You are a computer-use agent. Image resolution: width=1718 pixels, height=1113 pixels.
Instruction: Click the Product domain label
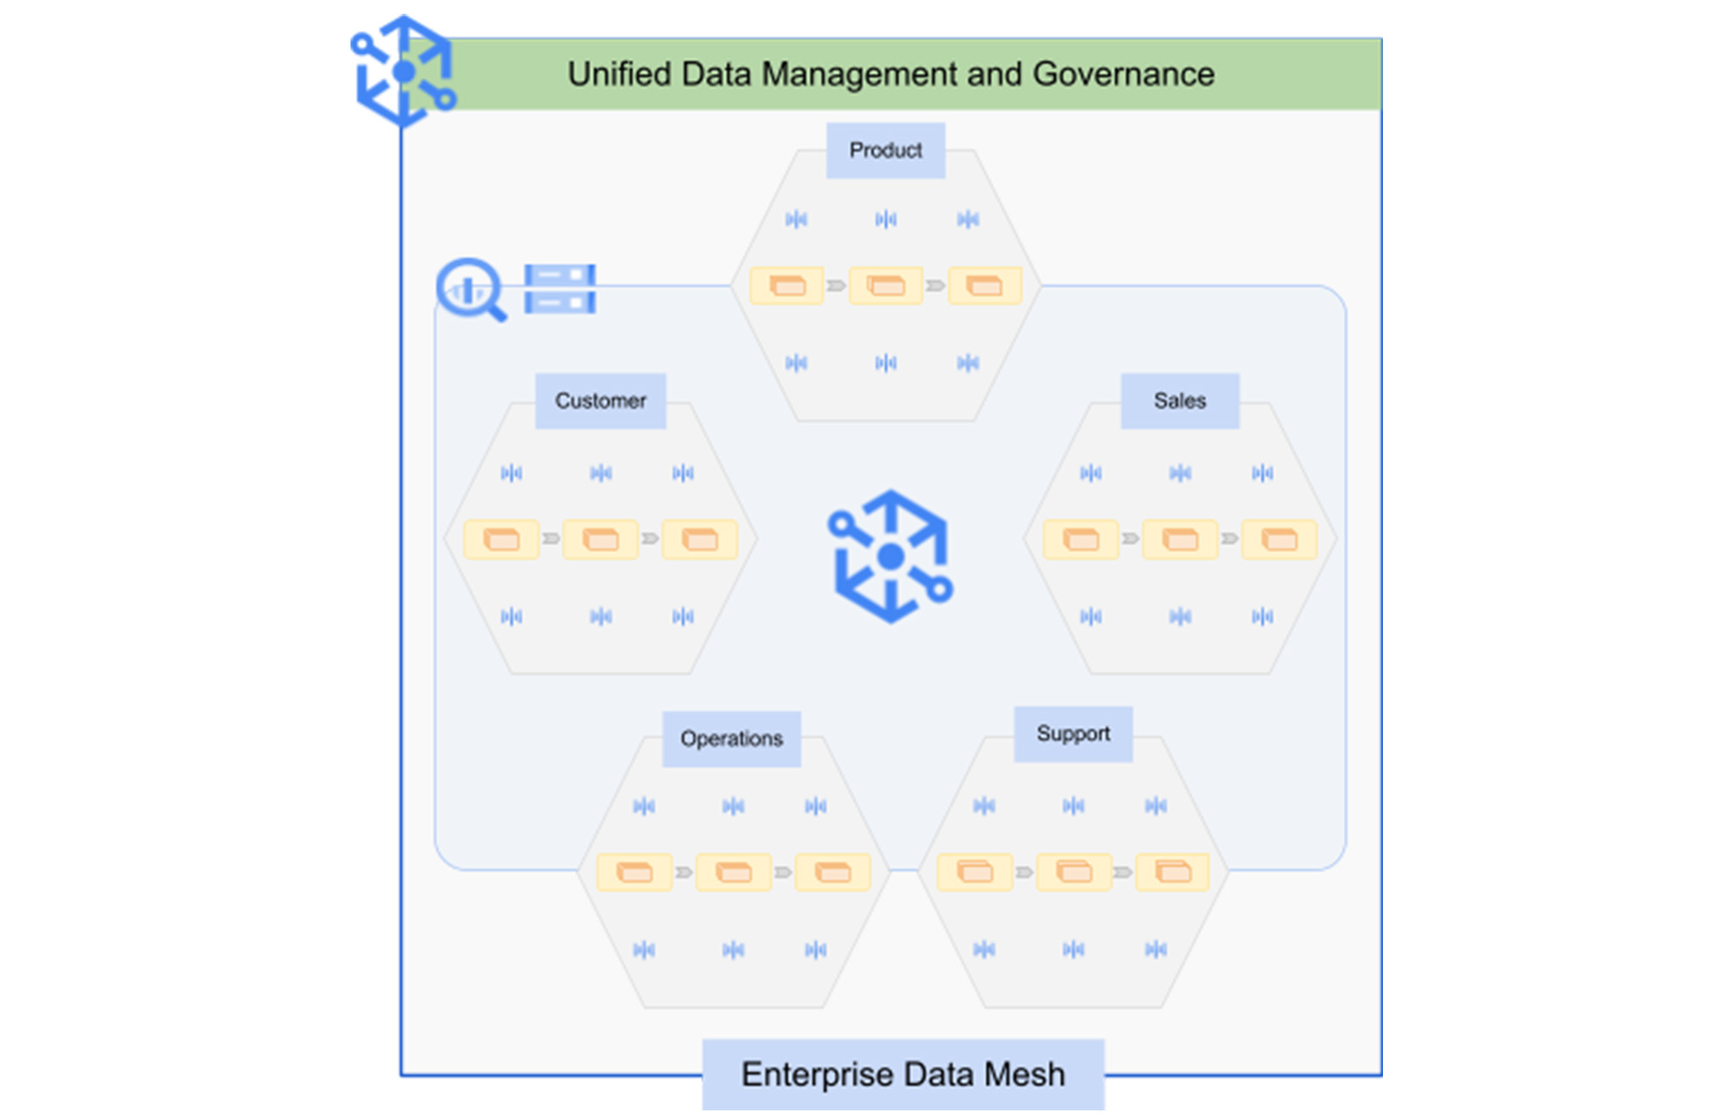886,150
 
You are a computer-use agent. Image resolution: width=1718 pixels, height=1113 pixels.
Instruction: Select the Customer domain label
600,401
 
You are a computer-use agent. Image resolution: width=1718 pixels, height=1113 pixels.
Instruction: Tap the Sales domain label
1179,401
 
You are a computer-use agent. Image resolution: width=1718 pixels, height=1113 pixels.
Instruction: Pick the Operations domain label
731,738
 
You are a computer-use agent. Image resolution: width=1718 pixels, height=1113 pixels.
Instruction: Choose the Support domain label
1073,734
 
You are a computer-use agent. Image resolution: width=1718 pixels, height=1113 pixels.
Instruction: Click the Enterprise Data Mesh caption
903,1074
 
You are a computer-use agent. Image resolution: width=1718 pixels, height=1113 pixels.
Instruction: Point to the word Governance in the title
1124,74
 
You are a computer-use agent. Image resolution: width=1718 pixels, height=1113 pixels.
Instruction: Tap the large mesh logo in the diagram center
891,556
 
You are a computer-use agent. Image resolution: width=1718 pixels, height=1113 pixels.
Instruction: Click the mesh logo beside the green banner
403,71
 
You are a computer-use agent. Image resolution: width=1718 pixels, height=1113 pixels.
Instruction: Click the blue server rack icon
560,289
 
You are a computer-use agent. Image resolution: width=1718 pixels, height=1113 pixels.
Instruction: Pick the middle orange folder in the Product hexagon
886,285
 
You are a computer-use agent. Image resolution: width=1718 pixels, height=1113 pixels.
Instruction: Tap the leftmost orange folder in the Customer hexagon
502,540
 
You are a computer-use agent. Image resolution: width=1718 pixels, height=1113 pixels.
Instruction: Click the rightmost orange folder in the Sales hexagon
1279,540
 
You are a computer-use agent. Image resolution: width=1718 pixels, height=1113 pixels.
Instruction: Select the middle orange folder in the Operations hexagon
734,872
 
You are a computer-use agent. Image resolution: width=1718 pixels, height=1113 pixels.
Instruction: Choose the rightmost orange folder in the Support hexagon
1173,871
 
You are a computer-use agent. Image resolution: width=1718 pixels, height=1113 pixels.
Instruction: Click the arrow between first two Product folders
836,285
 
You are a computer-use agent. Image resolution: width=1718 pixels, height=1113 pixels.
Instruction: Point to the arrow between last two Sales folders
1230,539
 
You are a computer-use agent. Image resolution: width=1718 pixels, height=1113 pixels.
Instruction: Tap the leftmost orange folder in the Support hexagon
975,871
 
